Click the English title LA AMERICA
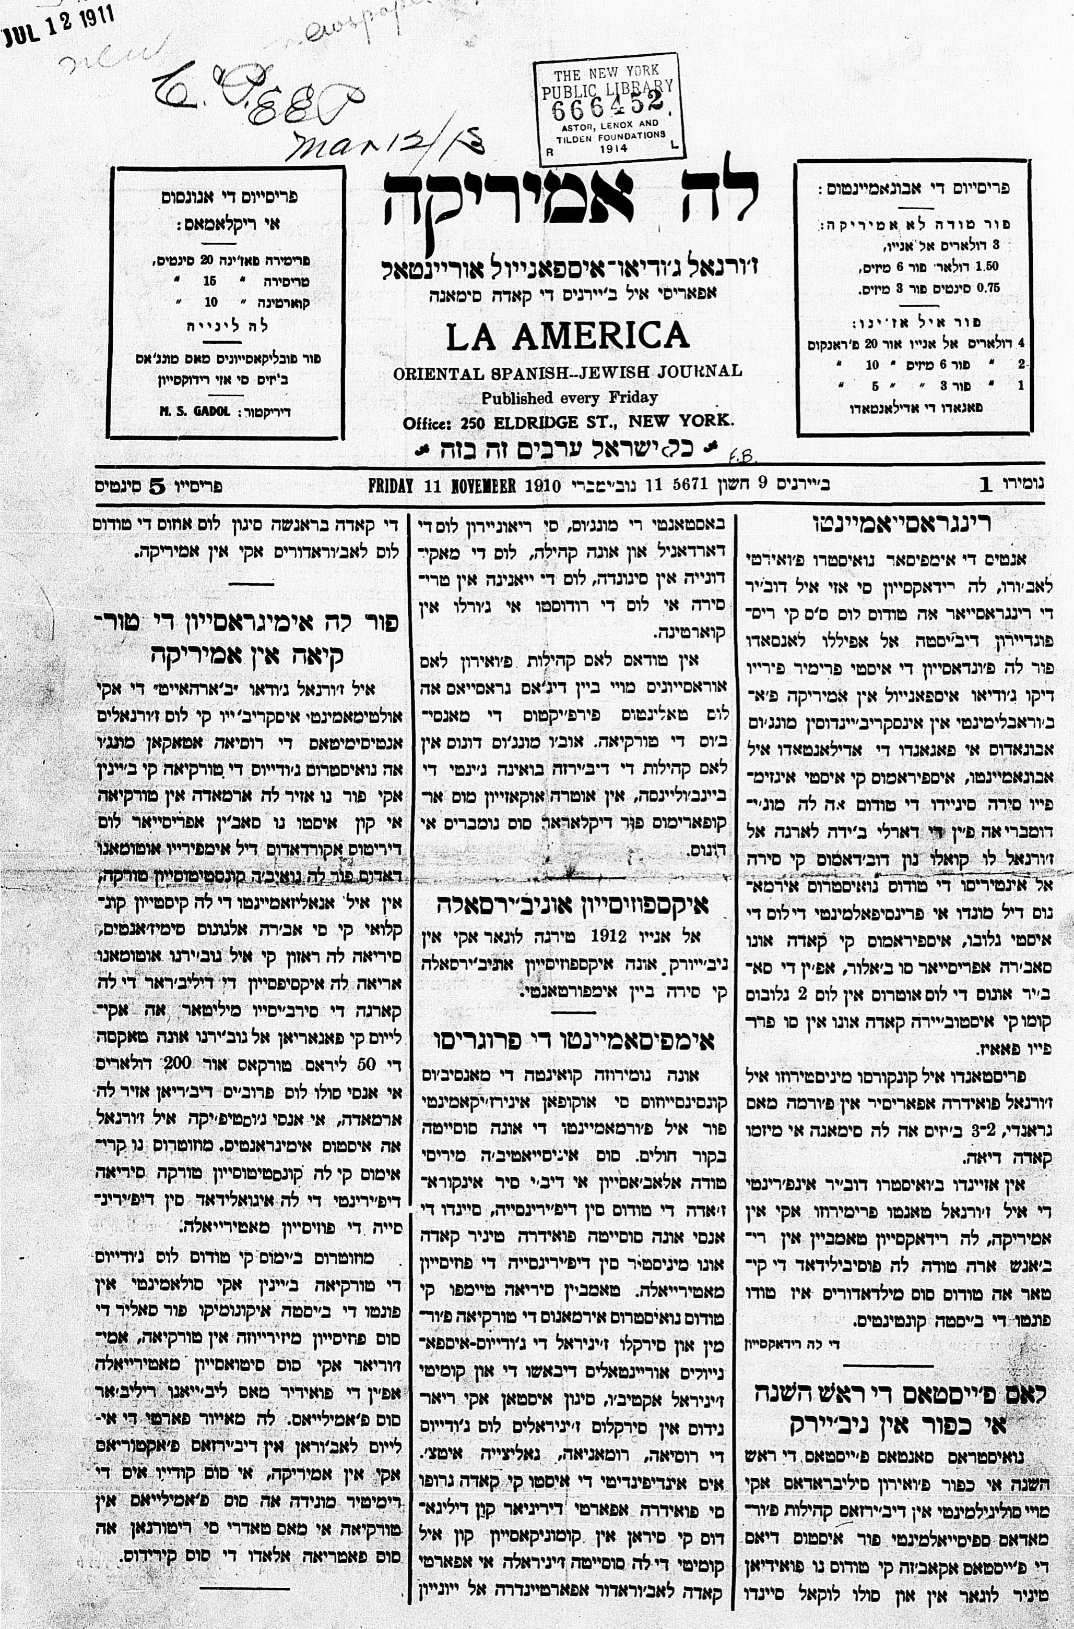(567, 335)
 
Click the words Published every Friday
(569, 397)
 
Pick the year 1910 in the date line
(542, 486)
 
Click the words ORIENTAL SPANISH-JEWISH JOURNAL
(567, 373)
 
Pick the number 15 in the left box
(209, 281)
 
